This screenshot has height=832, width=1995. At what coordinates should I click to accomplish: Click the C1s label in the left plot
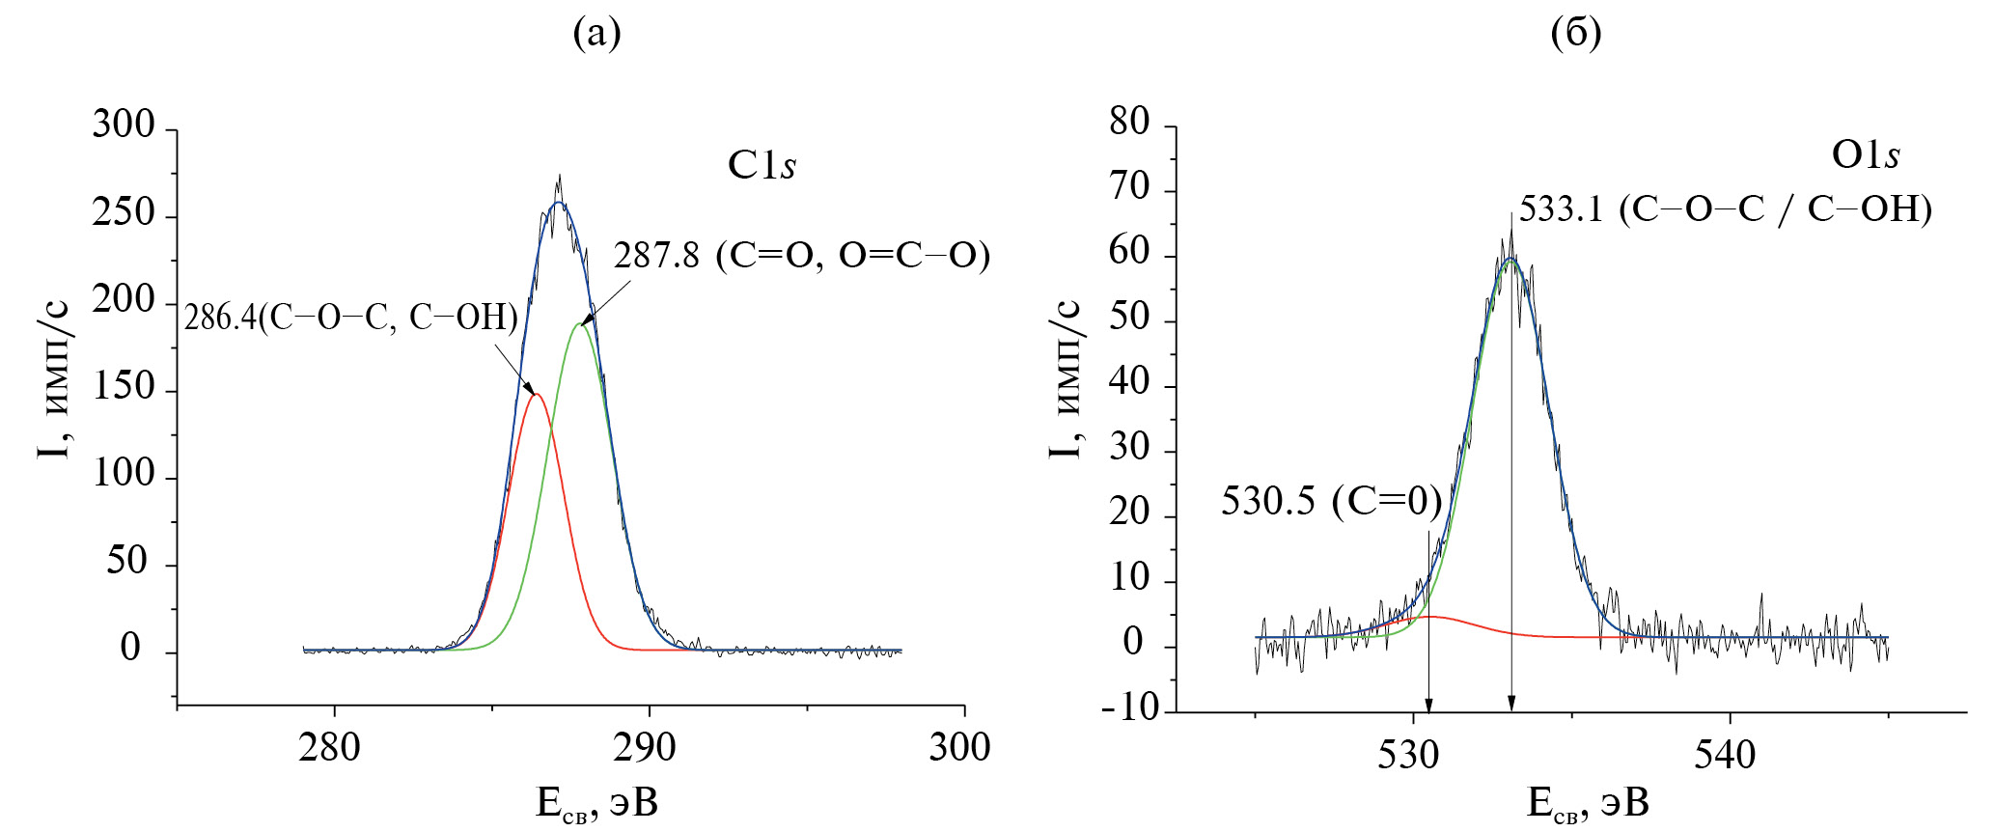(761, 165)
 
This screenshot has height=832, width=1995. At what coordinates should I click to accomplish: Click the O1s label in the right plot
(1865, 155)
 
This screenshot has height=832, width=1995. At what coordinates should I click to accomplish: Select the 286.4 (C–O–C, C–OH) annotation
(351, 318)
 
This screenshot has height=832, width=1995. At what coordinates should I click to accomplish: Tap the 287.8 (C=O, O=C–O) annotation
(802, 256)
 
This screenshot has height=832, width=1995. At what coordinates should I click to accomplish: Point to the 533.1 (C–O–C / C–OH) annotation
(1725, 209)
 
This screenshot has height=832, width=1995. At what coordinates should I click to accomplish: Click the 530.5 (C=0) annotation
(1331, 502)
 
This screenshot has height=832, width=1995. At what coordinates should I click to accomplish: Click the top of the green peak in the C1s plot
(579, 324)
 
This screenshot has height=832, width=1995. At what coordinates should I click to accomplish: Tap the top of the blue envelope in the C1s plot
(558, 204)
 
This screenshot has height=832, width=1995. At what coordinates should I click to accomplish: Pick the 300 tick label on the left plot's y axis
(123, 125)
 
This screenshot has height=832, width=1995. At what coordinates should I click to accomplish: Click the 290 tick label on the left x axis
(645, 748)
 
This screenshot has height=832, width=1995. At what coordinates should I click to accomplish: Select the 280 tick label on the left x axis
(329, 748)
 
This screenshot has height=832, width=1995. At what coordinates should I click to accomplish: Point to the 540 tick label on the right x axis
(1725, 755)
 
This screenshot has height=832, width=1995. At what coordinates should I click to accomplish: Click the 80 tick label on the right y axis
(1129, 123)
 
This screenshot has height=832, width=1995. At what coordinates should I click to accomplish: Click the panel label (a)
(596, 34)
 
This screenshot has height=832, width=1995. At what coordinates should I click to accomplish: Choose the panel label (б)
(1575, 34)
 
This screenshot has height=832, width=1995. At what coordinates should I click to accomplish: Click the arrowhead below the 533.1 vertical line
(1511, 704)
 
